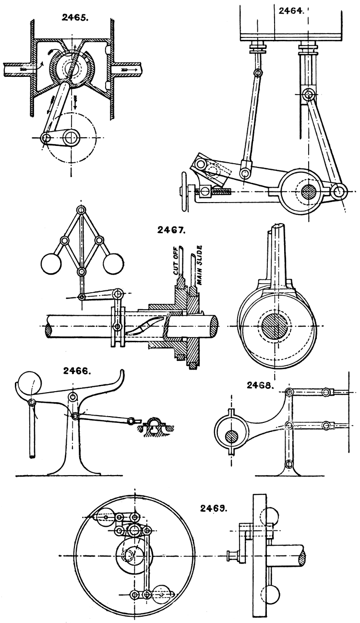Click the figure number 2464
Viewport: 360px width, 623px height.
(x=290, y=11)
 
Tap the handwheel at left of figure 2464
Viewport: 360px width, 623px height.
(x=182, y=191)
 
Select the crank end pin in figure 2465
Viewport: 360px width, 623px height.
(x=46, y=138)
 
